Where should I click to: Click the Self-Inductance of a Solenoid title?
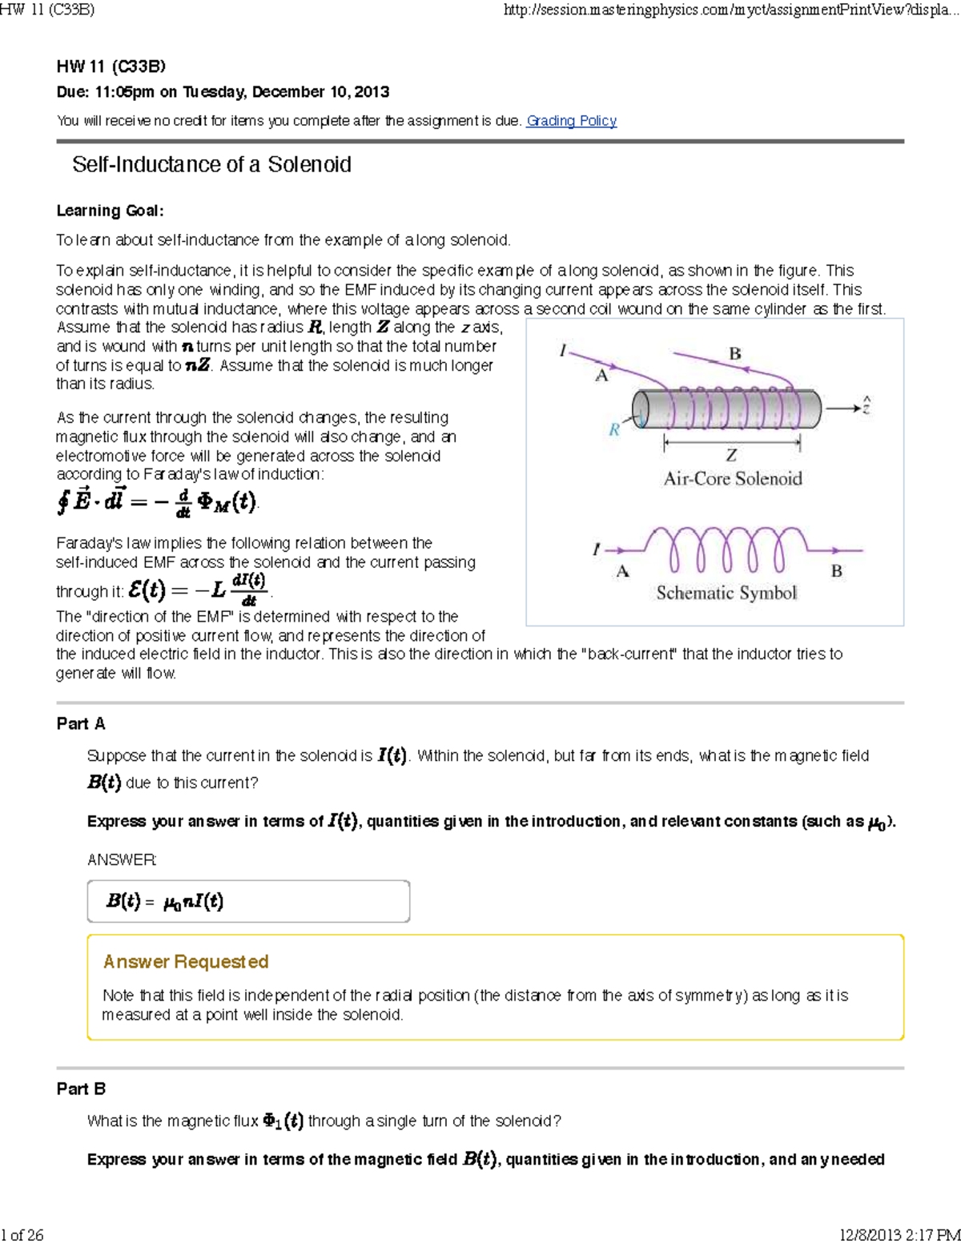[x=211, y=165]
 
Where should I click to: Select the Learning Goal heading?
[x=110, y=211]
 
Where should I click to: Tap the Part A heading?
[x=81, y=723]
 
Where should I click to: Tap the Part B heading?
[x=81, y=1089]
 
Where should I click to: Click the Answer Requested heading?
[x=186, y=961]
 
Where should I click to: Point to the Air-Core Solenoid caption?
[x=732, y=479]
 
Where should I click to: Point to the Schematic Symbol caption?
[x=726, y=593]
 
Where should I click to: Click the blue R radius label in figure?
[x=614, y=429]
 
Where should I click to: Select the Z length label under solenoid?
[x=731, y=455]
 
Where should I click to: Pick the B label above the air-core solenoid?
[x=734, y=353]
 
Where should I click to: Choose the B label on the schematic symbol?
[x=836, y=571]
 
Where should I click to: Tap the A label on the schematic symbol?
[x=622, y=571]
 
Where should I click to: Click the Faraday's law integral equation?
[x=157, y=502]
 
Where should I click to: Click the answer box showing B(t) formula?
[x=248, y=901]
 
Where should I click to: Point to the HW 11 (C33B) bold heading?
[x=111, y=66]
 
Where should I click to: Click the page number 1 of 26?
[x=22, y=1234]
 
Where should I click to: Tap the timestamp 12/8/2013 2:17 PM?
[x=899, y=1234]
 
